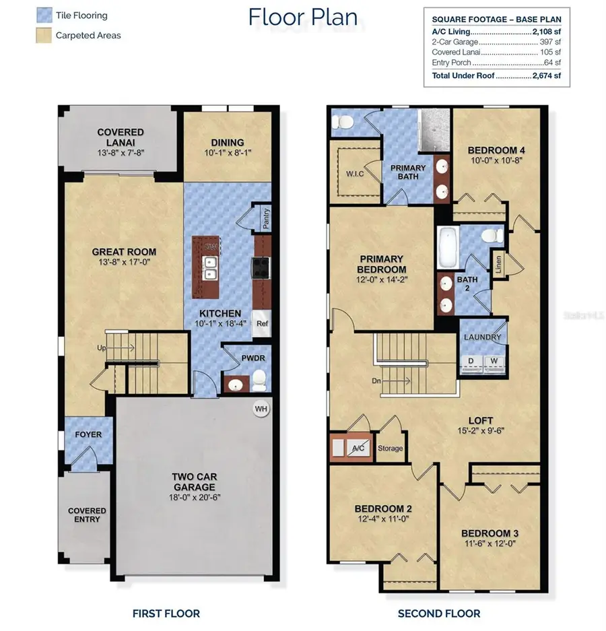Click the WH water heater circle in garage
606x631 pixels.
260,409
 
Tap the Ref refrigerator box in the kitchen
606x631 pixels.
261,323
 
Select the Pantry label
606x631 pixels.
266,220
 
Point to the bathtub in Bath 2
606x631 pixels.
448,248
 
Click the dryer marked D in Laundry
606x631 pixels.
472,361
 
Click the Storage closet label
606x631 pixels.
390,449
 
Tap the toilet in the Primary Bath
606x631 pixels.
343,122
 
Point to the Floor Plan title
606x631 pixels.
303,16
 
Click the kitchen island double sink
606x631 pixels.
210,268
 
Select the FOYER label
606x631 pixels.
88,434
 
